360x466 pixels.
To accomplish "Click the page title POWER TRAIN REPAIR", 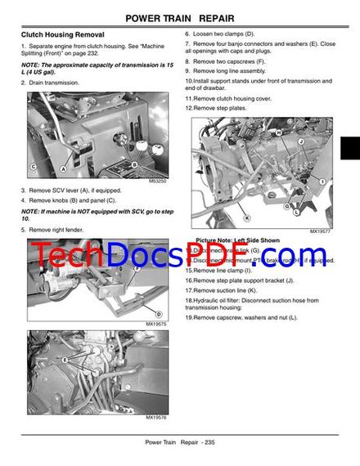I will pos(180,18).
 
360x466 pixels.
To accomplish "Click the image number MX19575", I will pos(155,324).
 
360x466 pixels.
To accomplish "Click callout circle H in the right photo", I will pos(279,132).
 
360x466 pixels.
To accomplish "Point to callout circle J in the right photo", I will pos(302,140).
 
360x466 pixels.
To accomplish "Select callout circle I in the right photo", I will pos(322,180).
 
